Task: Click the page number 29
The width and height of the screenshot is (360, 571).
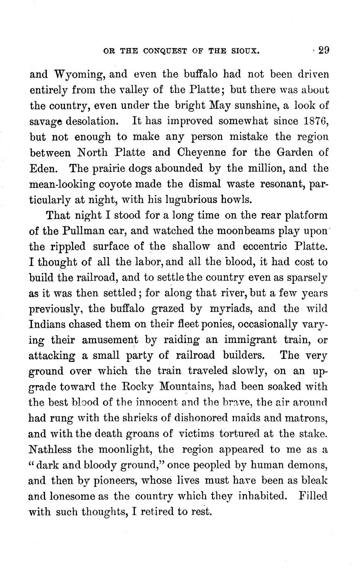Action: coord(323,50)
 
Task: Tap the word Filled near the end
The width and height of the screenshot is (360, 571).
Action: coord(312,496)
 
